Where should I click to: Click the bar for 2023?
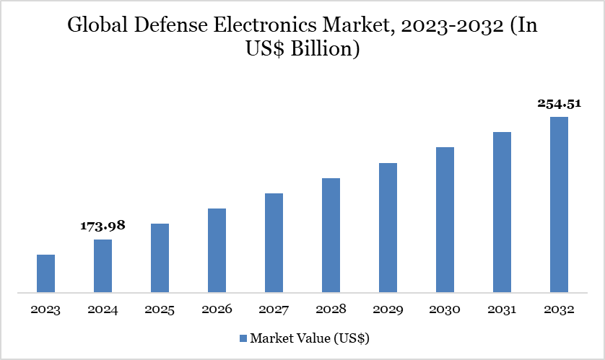pyautogui.click(x=45, y=273)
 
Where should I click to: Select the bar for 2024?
pyautogui.click(x=103, y=266)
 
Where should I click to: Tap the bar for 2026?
pyautogui.click(x=217, y=250)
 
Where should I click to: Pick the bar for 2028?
pyautogui.click(x=331, y=235)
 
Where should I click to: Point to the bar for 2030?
pyautogui.click(x=445, y=220)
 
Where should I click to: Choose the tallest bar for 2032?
pyautogui.click(x=559, y=205)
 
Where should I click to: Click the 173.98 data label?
pyautogui.click(x=103, y=226)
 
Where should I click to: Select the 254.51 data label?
pyautogui.click(x=559, y=103)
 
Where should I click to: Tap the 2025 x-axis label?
pyautogui.click(x=160, y=309)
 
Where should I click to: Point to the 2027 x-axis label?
pyautogui.click(x=274, y=309)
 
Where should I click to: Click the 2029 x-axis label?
pyautogui.click(x=388, y=309)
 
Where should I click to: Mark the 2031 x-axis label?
pyautogui.click(x=502, y=309)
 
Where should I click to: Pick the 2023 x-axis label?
pyautogui.click(x=45, y=309)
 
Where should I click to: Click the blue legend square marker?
pyautogui.click(x=243, y=338)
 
